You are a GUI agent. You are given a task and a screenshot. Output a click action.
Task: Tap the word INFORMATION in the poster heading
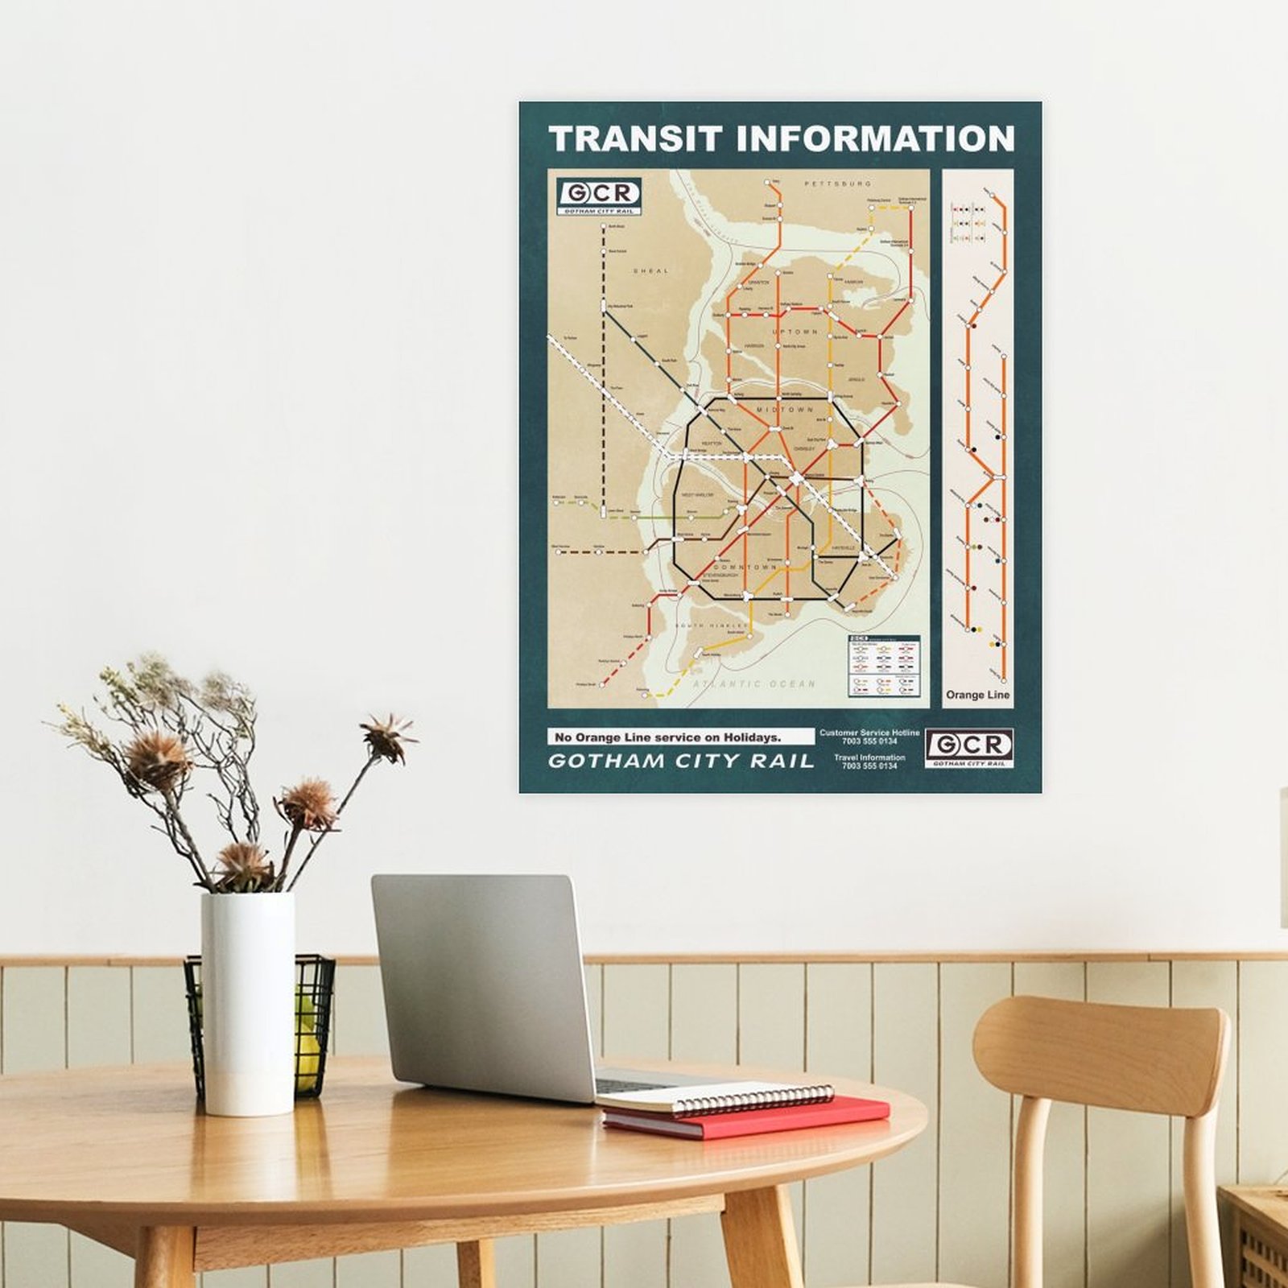[875, 138]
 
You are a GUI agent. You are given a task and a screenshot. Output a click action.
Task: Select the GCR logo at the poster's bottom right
[968, 748]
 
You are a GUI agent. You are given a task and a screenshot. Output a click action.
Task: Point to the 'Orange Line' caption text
[977, 695]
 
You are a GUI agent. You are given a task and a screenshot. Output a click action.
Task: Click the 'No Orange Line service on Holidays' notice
[667, 737]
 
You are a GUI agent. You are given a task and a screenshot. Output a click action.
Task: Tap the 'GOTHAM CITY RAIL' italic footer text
[680, 762]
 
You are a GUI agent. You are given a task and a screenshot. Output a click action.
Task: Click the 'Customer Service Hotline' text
[869, 733]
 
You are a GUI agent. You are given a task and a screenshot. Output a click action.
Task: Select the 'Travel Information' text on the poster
[869, 758]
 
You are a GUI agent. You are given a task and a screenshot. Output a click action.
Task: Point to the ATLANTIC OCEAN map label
[754, 684]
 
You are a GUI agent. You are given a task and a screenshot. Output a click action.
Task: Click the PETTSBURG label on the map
[838, 184]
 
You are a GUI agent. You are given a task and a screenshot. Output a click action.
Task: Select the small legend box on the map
[883, 666]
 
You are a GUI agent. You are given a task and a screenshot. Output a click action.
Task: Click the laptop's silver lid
[483, 986]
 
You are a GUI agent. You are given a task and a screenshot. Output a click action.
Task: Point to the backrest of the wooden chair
[1101, 1038]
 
